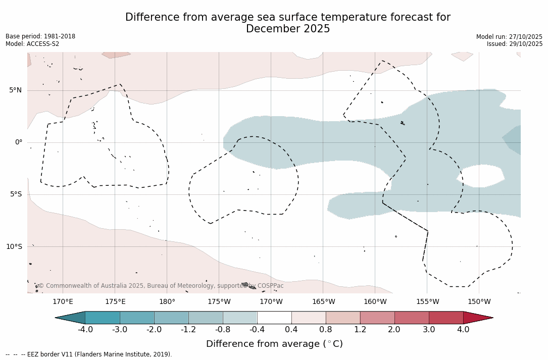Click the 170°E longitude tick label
click(x=63, y=302)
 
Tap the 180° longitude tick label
click(x=167, y=302)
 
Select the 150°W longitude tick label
click(x=479, y=302)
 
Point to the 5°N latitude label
click(x=15, y=90)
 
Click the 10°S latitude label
click(x=14, y=247)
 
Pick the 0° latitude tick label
click(x=19, y=142)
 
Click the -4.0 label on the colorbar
click(x=85, y=330)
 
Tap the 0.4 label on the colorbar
click(x=291, y=330)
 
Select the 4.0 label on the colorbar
click(x=463, y=330)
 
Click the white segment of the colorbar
click(x=274, y=318)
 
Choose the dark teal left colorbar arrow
click(x=71, y=318)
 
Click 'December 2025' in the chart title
click(x=288, y=29)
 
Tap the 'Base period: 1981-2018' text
click(x=40, y=36)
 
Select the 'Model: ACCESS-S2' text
click(x=32, y=44)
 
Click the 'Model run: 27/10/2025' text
click(x=509, y=37)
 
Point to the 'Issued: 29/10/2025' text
click(x=515, y=44)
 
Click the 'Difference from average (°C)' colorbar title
click(x=274, y=344)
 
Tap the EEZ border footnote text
click(x=89, y=354)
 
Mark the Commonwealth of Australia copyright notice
click(x=161, y=286)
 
